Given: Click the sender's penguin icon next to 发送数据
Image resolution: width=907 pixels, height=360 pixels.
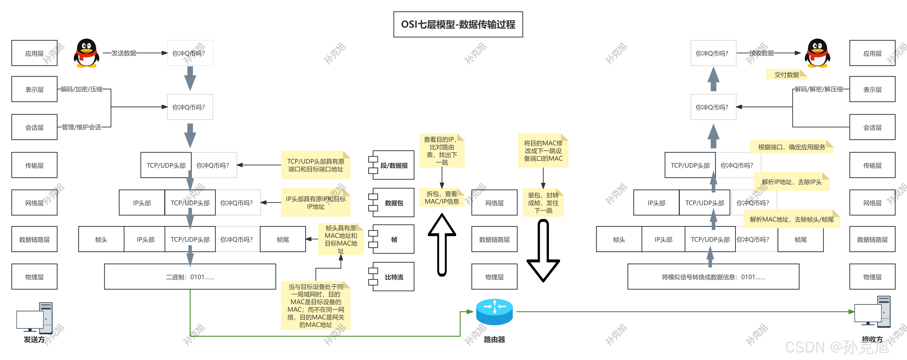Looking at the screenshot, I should point(86,53).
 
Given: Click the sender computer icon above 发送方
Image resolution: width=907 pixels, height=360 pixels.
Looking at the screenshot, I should point(35,318).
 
